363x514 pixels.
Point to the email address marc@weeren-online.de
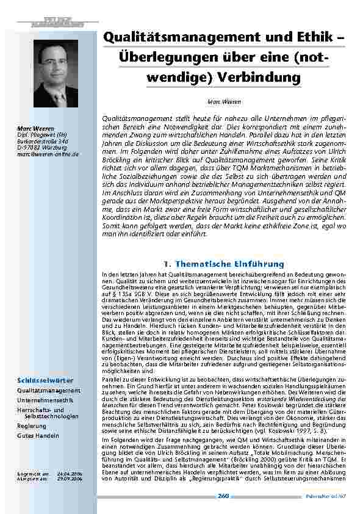point(49,154)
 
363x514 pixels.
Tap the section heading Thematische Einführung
point(225,263)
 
